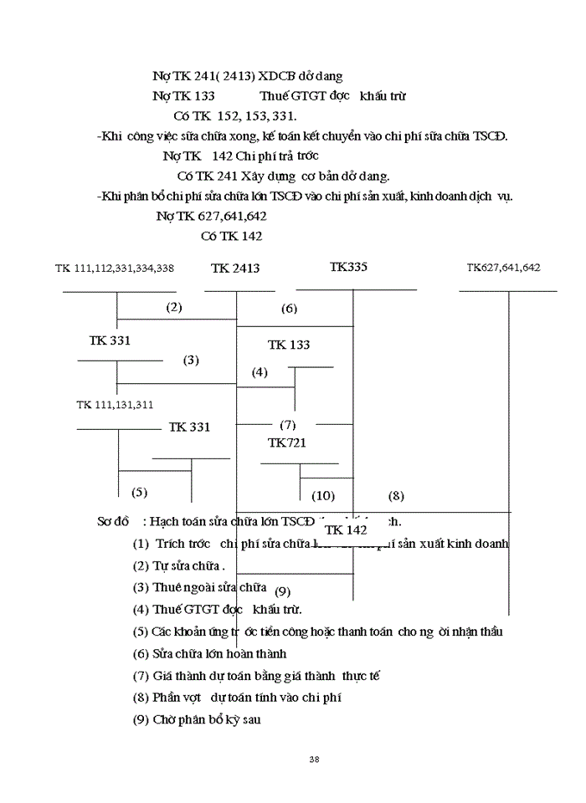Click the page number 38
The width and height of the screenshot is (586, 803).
[314, 759]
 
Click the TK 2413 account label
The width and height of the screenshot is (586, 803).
[235, 269]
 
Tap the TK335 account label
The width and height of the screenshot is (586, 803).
[348, 268]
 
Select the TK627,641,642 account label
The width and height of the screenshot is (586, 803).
[503, 268]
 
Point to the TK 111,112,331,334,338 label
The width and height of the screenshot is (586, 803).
[115, 269]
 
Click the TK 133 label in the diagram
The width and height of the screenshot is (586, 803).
[289, 345]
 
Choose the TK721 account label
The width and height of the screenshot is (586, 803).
[287, 442]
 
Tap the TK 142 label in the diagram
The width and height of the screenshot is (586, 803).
[346, 530]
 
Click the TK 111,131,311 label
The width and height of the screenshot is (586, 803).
[115, 405]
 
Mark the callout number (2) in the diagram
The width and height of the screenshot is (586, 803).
[174, 307]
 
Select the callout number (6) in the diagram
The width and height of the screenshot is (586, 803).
[289, 309]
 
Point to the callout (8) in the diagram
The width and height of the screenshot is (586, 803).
[396, 495]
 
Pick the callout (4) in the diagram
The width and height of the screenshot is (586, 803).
[260, 372]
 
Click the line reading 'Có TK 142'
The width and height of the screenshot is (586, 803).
[232, 236]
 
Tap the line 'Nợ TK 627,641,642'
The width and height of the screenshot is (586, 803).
[212, 216]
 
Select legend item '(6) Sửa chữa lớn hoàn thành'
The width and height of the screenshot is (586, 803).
[210, 653]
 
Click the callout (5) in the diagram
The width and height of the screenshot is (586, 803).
[139, 492]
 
